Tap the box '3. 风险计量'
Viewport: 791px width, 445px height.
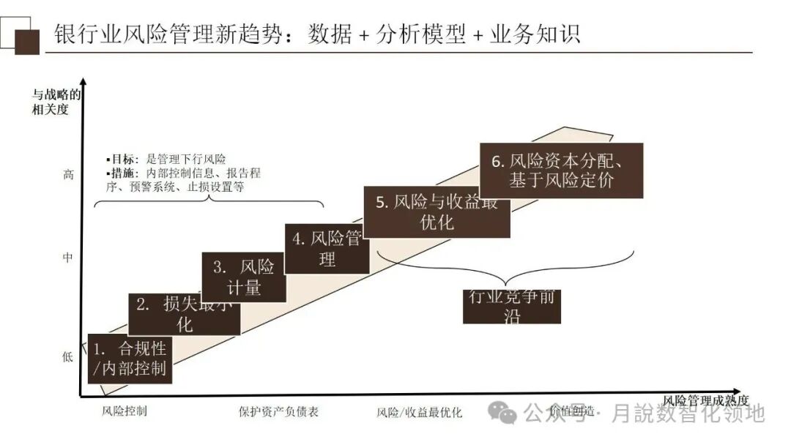coord(244,277)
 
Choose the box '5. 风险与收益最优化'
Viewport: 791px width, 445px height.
coord(437,212)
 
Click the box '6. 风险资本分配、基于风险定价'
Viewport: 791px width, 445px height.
coord(561,171)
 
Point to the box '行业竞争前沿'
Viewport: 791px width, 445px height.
coord(511,307)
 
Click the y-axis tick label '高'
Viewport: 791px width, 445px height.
coord(68,175)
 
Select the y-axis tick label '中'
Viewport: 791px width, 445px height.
coord(68,258)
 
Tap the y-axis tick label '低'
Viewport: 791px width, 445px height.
coord(68,357)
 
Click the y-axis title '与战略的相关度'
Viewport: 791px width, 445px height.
coord(56,101)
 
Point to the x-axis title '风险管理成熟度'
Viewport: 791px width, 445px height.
coord(706,400)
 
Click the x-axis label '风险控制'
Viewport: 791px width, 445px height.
coord(125,411)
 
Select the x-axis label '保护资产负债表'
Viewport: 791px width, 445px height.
coord(278,411)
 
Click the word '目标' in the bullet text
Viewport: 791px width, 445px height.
coord(121,159)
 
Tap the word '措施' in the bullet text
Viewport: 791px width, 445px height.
coord(121,173)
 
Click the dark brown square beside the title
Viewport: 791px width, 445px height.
coord(27,42)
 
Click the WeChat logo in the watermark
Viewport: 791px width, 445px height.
coord(507,413)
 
